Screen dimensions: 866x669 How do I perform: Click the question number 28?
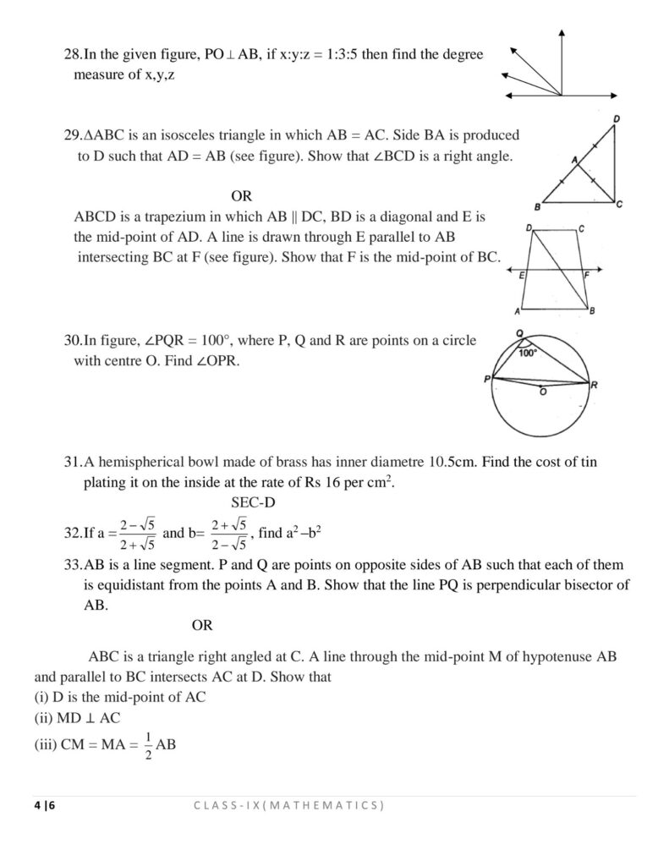(72, 54)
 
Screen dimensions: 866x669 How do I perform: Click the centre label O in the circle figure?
(542, 392)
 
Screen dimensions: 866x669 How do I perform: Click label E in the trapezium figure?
(523, 276)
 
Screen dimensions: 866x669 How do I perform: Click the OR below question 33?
(202, 626)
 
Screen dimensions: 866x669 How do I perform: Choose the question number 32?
(72, 533)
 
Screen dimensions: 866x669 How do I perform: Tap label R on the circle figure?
(595, 386)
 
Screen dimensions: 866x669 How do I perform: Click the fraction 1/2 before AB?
(147, 745)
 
